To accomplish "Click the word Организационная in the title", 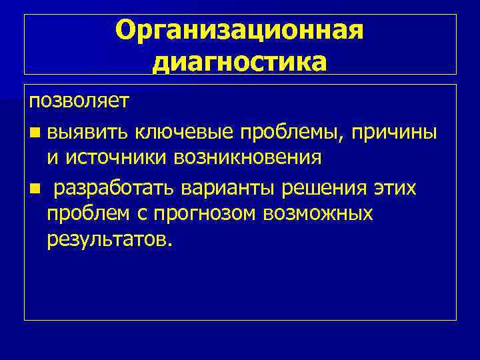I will (x=240, y=31).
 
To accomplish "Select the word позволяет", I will (x=70, y=103).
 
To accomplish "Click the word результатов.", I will (x=109, y=239).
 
